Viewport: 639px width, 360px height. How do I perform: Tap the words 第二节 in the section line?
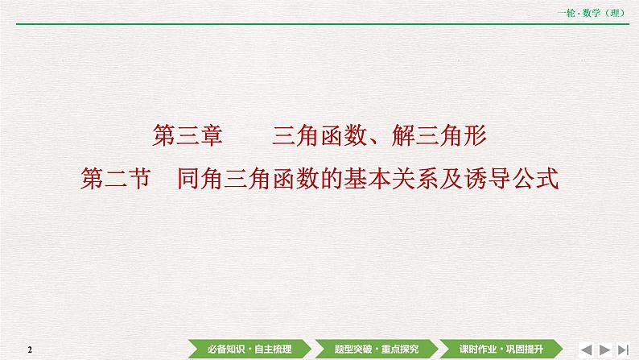click(117, 176)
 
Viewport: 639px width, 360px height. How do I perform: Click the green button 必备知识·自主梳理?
click(249, 348)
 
